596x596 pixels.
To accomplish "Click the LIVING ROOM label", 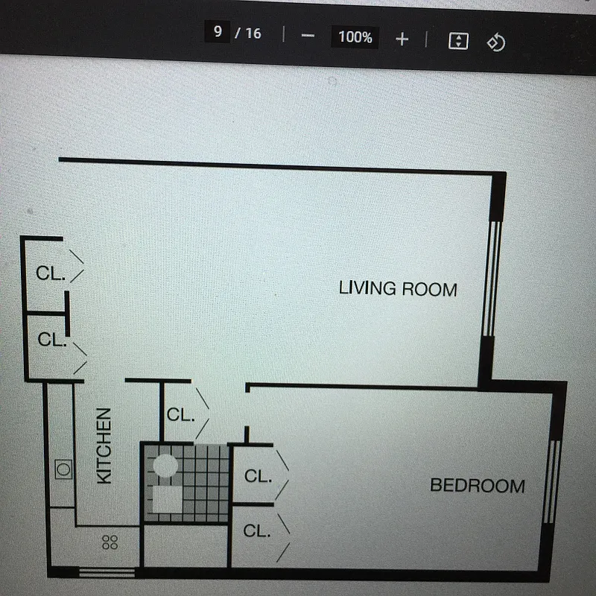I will [x=398, y=288].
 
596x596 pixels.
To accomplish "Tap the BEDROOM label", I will [x=477, y=486].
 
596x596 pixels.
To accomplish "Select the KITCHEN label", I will [x=105, y=445].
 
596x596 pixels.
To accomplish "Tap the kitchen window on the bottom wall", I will [x=106, y=572].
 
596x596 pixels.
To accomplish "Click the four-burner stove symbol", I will [x=110, y=542].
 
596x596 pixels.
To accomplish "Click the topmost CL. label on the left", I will [x=51, y=273].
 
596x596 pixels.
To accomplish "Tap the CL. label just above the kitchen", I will [x=52, y=340].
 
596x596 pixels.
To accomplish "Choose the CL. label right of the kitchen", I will [x=181, y=415].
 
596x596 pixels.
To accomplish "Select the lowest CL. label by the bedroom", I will [x=257, y=531].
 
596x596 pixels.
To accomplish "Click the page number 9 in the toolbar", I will [x=218, y=33].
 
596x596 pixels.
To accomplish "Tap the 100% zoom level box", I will [x=355, y=37].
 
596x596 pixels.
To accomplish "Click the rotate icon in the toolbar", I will [x=495, y=42].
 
